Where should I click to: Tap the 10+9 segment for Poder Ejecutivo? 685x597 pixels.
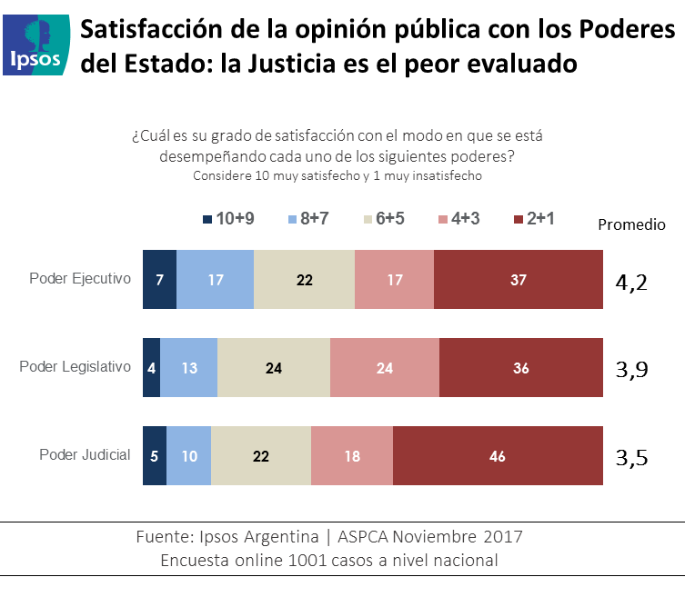point(159,280)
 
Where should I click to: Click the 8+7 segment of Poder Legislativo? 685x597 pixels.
point(189,368)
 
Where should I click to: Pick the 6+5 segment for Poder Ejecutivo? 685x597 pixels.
point(304,280)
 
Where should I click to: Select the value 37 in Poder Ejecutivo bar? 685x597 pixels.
point(519,280)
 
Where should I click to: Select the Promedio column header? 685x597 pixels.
point(631,224)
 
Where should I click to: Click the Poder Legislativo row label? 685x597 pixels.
point(76,367)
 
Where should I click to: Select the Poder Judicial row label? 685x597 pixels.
point(85,455)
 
